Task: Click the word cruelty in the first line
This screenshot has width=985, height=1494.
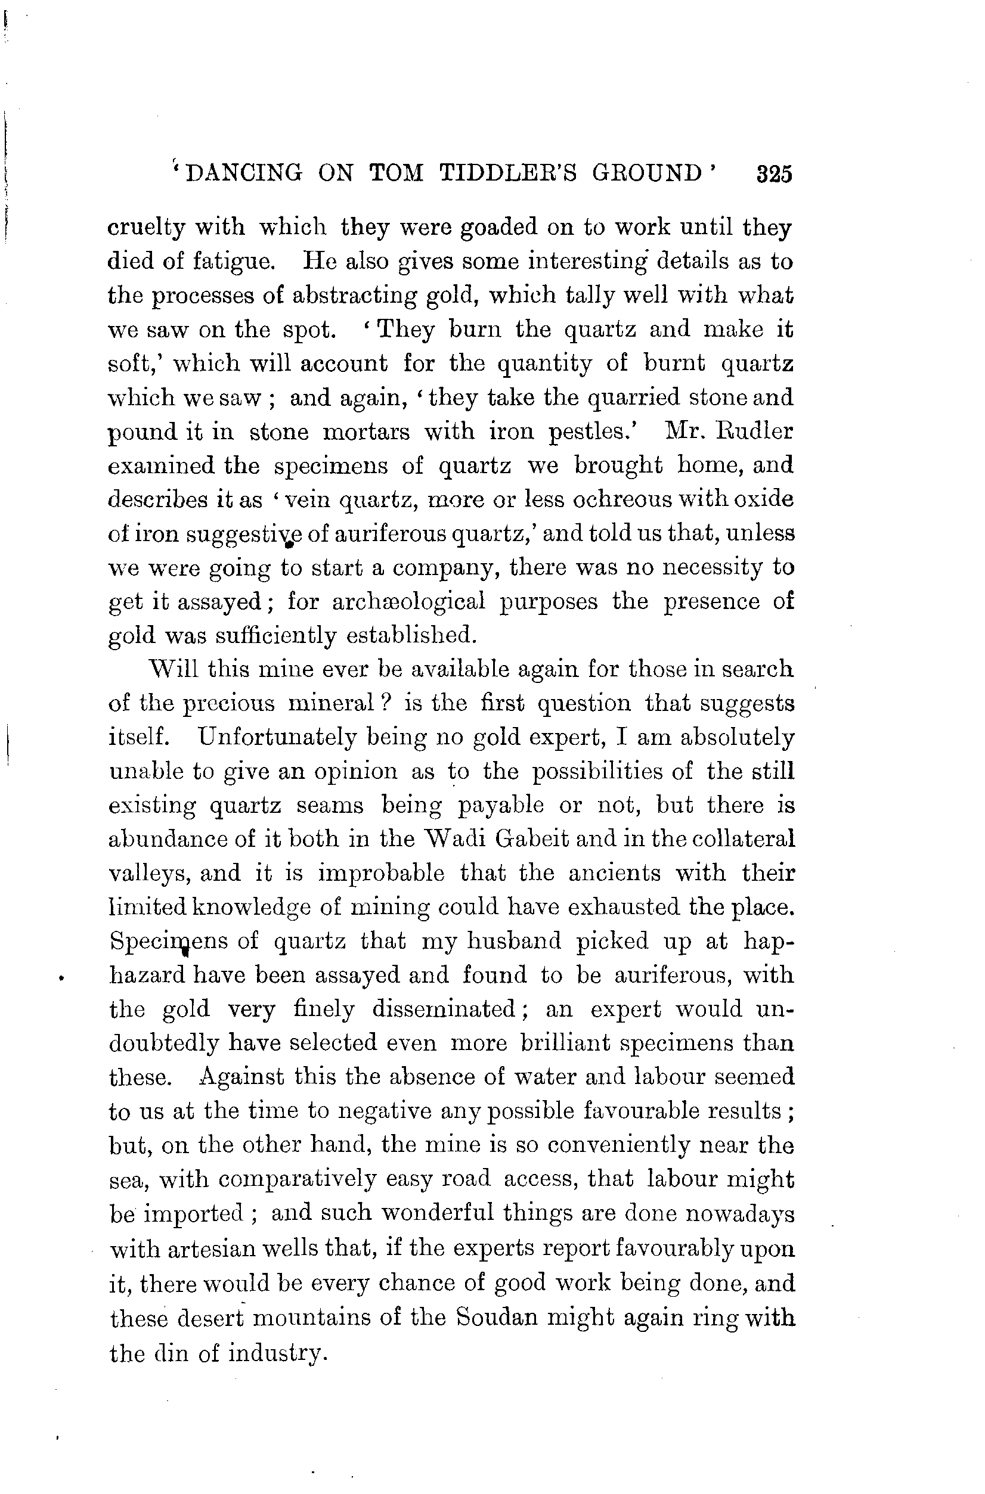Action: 147,228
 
